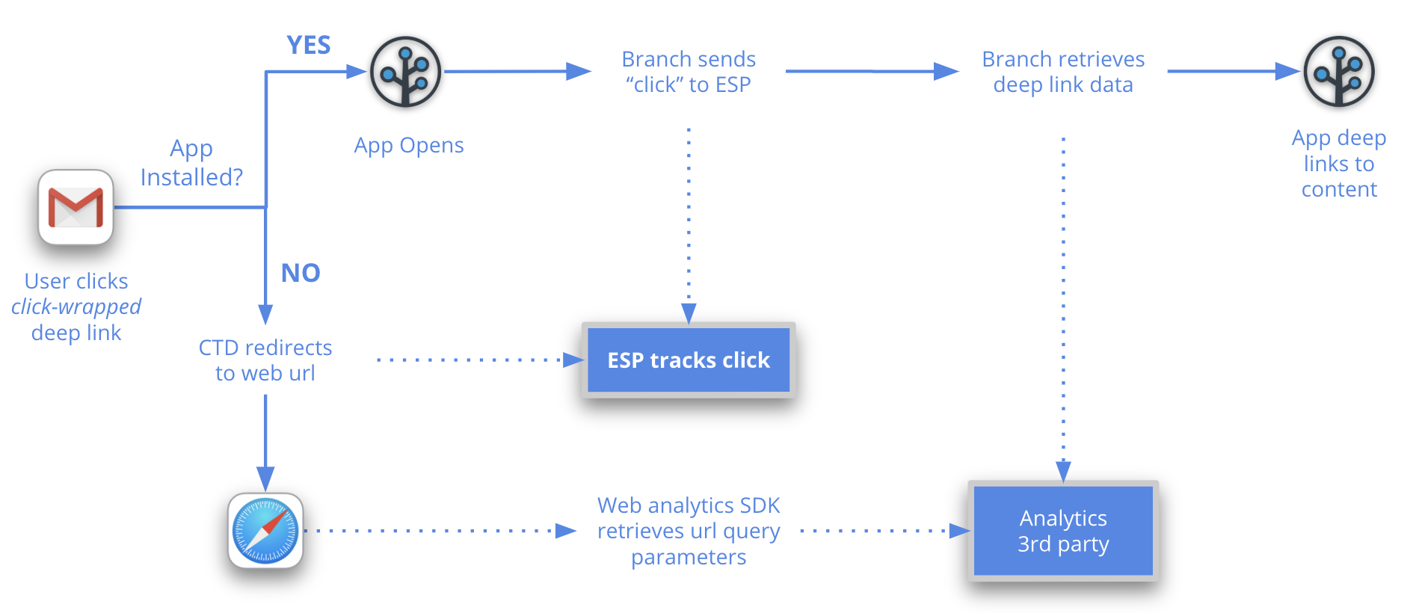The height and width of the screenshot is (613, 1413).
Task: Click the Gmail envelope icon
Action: (x=76, y=207)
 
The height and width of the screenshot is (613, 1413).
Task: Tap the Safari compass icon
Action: (x=265, y=531)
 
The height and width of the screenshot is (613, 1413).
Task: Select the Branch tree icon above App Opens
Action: (x=406, y=72)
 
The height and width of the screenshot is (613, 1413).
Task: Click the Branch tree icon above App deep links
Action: (x=1339, y=72)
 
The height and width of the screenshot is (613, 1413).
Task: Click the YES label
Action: (x=309, y=46)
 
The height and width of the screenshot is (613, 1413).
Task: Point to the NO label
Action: (x=301, y=273)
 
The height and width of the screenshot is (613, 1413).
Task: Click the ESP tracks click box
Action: (x=689, y=360)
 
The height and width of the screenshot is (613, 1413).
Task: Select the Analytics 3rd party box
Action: (x=1063, y=531)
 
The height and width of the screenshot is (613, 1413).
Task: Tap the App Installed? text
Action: (x=191, y=163)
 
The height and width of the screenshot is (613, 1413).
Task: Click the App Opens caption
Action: (x=409, y=145)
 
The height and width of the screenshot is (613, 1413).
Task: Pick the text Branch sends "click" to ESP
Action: (x=689, y=72)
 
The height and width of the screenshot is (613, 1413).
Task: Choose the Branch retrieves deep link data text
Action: (x=1063, y=72)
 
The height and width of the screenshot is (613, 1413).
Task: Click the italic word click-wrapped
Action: (x=76, y=306)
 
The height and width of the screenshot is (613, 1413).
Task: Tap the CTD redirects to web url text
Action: (x=265, y=360)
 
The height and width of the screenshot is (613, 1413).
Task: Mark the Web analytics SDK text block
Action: (x=689, y=531)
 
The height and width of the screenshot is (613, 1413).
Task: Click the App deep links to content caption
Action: (x=1339, y=164)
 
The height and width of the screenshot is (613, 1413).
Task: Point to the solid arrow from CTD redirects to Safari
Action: (x=265, y=441)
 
